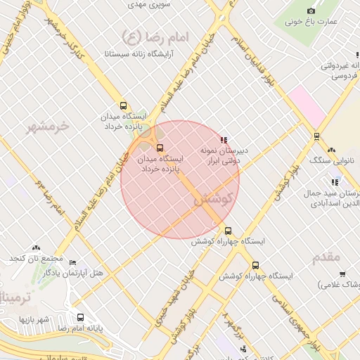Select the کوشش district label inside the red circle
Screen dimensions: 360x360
coord(212,200)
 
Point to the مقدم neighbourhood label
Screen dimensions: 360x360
coord(326,257)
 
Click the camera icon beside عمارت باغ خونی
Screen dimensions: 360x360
coord(311,11)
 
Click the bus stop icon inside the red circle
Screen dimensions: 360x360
coord(160,148)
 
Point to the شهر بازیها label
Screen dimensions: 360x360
coord(32,320)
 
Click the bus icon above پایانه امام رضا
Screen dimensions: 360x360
coord(80,318)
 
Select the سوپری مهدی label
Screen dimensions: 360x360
coord(146,4)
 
